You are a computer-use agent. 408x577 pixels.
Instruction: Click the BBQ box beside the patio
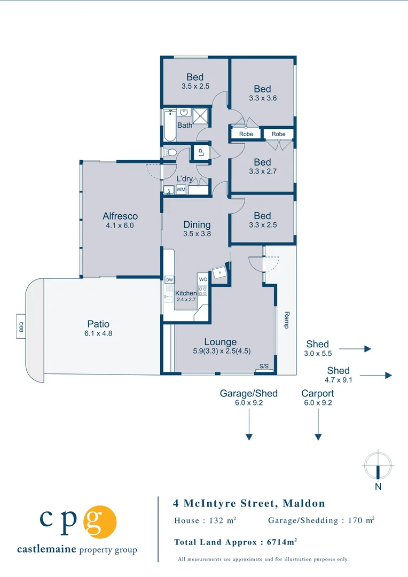[21, 326]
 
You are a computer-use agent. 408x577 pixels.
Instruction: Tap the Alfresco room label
[120, 216]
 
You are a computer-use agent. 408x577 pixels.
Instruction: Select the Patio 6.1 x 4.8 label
[98, 328]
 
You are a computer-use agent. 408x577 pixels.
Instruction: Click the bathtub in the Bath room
[170, 126]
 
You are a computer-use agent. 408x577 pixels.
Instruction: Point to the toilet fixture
[170, 152]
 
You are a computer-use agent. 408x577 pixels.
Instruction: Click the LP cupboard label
[201, 152]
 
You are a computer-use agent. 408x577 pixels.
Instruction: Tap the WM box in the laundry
[181, 190]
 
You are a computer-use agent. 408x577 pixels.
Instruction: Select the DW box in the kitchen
[169, 280]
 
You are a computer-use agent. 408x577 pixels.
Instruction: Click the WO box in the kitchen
[203, 279]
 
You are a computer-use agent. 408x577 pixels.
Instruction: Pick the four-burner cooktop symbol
[203, 292]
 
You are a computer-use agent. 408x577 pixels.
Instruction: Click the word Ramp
[287, 320]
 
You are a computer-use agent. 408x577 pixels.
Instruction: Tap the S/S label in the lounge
[264, 366]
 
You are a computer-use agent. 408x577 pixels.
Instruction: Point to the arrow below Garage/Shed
[249, 424]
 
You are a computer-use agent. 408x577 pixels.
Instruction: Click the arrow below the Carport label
[318, 424]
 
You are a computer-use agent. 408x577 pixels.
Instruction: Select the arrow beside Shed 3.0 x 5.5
[355, 348]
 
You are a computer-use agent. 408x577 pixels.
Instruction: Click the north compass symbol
[378, 466]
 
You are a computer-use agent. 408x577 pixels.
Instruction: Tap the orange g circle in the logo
[100, 522]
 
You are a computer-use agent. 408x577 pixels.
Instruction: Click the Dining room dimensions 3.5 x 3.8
[197, 233]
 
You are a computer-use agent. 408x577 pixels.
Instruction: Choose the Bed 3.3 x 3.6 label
[262, 93]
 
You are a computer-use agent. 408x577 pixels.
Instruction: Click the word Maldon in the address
[304, 503]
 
